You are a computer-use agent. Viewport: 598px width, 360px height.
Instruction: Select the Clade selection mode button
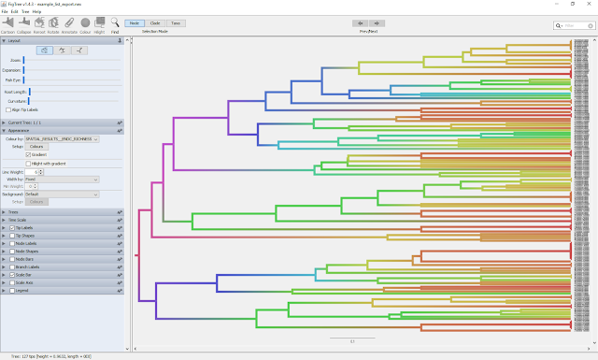(x=155, y=22)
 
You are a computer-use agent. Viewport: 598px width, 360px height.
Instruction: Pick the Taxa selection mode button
(x=176, y=22)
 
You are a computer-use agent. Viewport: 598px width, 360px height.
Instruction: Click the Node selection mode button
(x=135, y=22)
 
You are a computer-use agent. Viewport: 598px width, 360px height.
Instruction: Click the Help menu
(x=38, y=11)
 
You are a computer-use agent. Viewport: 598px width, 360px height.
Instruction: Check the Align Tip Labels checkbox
(x=8, y=110)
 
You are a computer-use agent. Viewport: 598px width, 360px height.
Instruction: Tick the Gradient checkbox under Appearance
(x=28, y=154)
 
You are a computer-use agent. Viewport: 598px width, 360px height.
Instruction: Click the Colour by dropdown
(x=67, y=138)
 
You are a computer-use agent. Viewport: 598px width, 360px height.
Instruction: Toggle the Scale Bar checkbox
(x=11, y=275)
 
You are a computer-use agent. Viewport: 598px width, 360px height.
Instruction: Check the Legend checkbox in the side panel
(x=11, y=291)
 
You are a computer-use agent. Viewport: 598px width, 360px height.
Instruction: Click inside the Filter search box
(x=572, y=25)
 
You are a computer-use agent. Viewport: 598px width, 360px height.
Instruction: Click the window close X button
(x=590, y=4)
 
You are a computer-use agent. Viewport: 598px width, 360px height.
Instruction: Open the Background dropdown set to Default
(x=63, y=194)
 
